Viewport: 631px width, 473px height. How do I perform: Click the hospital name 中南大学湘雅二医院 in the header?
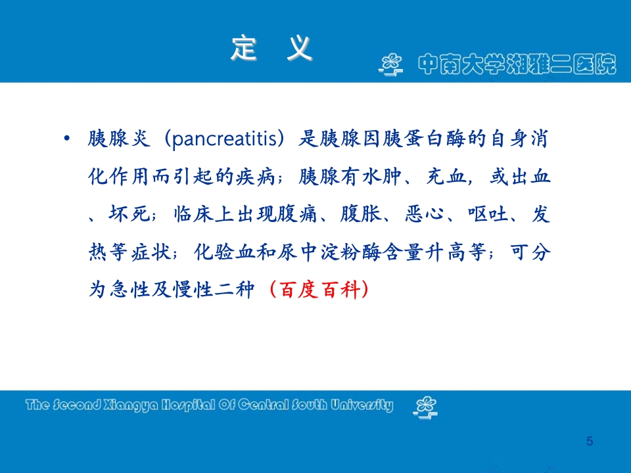pos(517,64)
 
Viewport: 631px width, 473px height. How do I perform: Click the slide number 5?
pos(590,441)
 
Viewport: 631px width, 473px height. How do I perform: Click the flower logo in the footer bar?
pos(424,406)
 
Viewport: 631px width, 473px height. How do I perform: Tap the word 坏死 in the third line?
pos(133,215)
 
